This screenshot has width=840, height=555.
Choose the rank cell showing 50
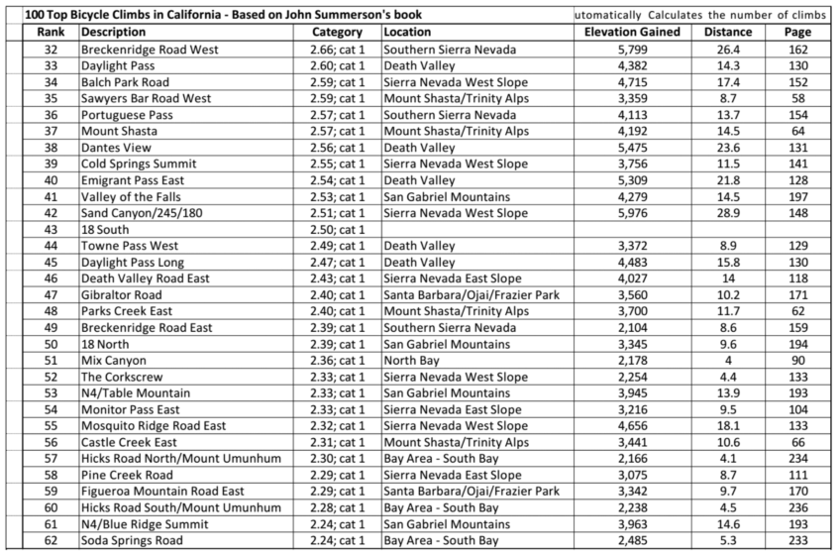coord(51,344)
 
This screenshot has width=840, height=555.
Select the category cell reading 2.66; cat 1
coord(338,50)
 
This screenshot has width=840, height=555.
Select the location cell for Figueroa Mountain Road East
coord(471,492)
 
